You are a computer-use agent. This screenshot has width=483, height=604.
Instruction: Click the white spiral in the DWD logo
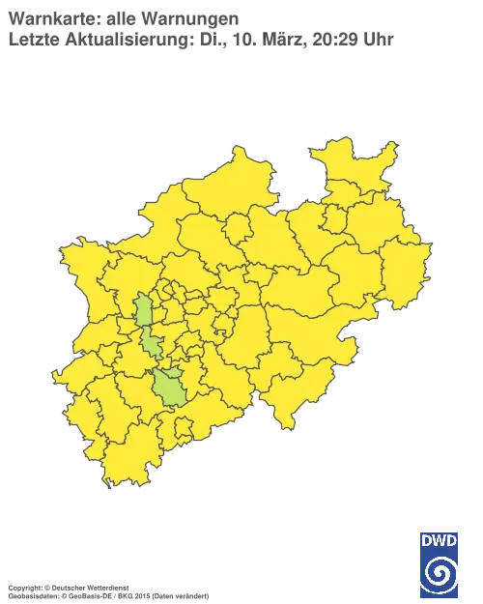pos(440,573)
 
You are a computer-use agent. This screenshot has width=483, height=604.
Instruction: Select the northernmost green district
pos(144,311)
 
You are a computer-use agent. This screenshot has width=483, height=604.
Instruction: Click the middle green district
pos(152,343)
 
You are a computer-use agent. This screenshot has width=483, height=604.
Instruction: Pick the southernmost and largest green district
pos(171,388)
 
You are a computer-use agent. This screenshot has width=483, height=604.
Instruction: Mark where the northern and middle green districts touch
pos(147,329)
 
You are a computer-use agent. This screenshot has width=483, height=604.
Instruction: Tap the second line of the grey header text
pos(193,40)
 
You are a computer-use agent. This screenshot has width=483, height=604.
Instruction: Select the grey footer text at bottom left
pos(106,586)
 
